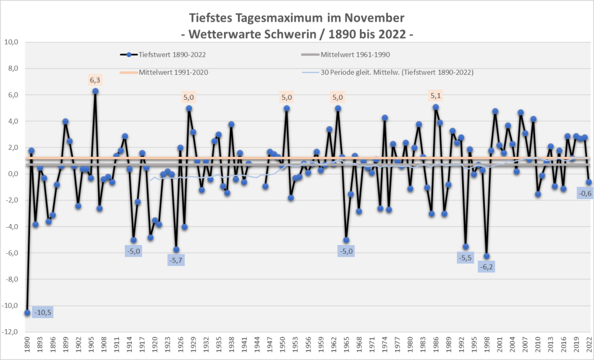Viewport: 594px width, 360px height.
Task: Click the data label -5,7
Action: pyautogui.click(x=176, y=261)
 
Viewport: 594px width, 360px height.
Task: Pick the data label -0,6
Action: pyautogui.click(x=583, y=194)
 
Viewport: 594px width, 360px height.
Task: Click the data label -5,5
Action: pyautogui.click(x=466, y=258)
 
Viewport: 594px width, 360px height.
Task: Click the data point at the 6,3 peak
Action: pyautogui.click(x=95, y=91)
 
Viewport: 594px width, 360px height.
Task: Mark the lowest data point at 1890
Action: pyautogui.click(x=27, y=312)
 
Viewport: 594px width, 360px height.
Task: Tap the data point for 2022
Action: pyautogui.click(x=589, y=182)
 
